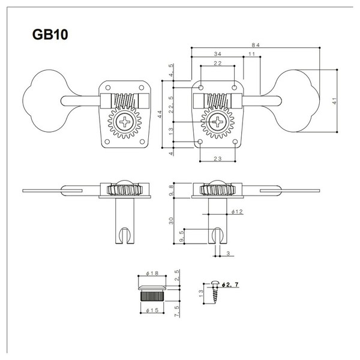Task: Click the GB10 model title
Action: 50,34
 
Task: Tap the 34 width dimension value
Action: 217,54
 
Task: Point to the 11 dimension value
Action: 251,54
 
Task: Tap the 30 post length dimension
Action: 171,221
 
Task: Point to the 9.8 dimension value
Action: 171,190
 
